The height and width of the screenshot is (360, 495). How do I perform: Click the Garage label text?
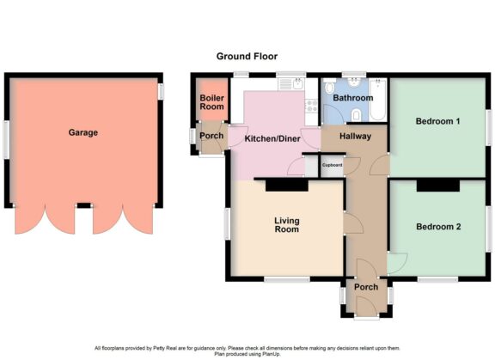click(83, 133)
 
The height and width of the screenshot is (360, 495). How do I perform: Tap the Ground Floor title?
click(246, 57)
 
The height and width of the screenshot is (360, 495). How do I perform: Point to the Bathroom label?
click(353, 98)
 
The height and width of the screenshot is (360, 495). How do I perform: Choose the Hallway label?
click(354, 137)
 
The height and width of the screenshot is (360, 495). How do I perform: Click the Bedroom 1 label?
click(438, 122)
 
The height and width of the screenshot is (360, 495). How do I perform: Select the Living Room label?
click(286, 225)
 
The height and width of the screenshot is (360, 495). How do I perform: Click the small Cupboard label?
click(332, 165)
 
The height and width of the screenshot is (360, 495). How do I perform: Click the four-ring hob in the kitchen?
click(312, 109)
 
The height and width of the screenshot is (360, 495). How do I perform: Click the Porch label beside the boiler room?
click(211, 136)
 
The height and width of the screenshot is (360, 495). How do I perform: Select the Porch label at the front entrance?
click(366, 288)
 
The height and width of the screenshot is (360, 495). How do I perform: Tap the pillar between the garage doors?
click(83, 206)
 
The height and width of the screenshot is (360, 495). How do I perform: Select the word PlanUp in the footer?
click(274, 352)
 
